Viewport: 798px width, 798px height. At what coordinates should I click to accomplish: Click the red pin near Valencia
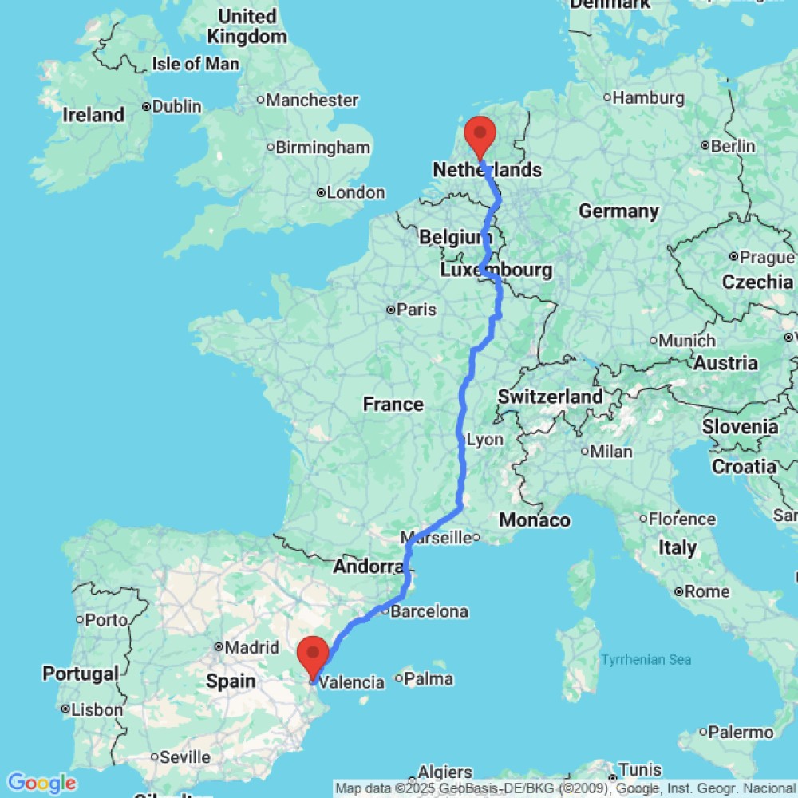click(x=312, y=654)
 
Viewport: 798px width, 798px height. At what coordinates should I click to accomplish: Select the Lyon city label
click(x=484, y=440)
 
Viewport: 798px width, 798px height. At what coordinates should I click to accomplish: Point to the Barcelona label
click(x=429, y=612)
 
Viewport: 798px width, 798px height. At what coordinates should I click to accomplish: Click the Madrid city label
click(x=251, y=647)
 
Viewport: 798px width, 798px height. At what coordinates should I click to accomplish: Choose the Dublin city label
click(x=176, y=106)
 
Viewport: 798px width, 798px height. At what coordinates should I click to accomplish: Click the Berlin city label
click(x=733, y=146)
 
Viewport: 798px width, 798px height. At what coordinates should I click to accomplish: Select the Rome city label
click(x=707, y=591)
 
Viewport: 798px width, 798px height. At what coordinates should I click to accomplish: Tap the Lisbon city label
click(x=97, y=709)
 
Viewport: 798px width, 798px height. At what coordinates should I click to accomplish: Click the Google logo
click(x=41, y=783)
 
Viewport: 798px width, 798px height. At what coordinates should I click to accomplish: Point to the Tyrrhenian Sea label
click(x=646, y=660)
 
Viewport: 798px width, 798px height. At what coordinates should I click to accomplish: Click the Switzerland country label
click(x=550, y=397)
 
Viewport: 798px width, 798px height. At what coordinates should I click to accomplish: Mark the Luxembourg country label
click(x=496, y=271)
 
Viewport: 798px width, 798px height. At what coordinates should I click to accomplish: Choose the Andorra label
click(x=368, y=567)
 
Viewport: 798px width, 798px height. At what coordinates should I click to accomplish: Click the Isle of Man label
click(x=196, y=64)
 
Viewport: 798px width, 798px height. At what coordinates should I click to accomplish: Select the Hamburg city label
click(x=649, y=98)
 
